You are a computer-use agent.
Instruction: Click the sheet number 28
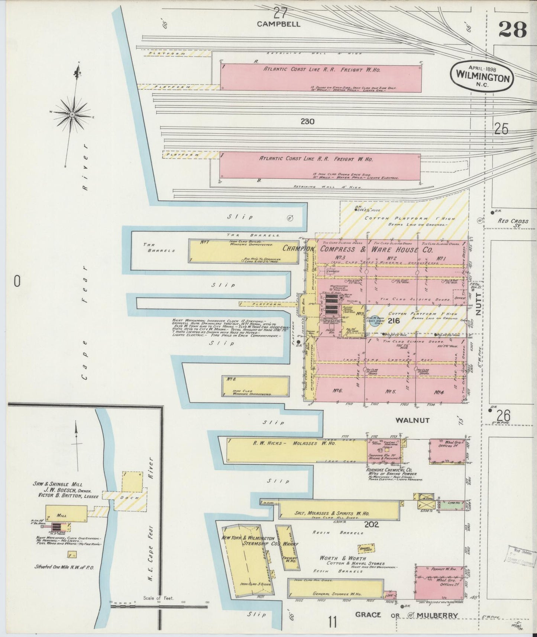click(512, 29)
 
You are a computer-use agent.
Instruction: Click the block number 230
click(308, 121)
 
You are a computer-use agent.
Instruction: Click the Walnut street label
click(412, 420)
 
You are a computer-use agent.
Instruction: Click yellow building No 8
click(255, 387)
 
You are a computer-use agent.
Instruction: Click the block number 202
click(371, 524)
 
